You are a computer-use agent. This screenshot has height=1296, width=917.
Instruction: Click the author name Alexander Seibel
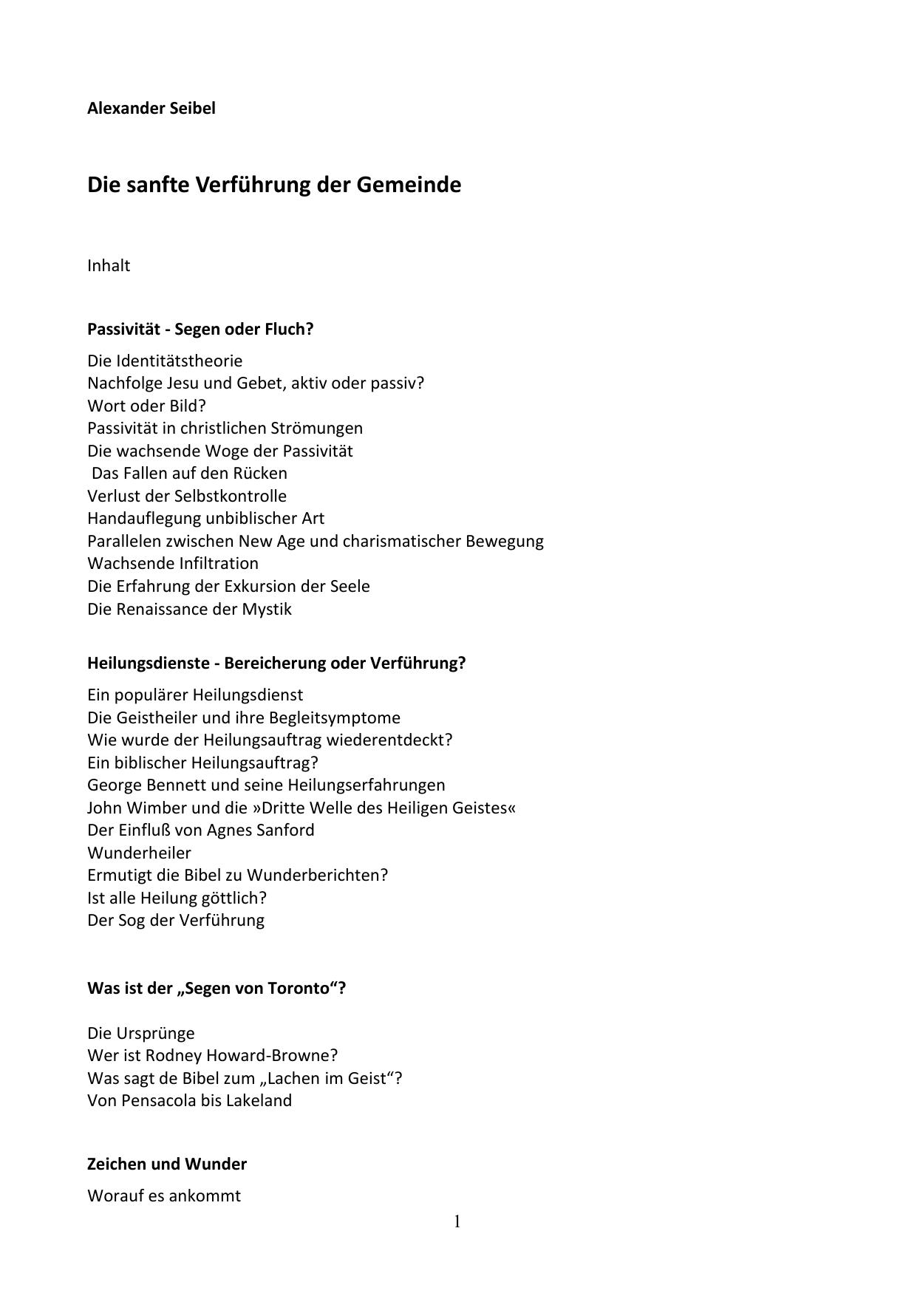tap(151, 108)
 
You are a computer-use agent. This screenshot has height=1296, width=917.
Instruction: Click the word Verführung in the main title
tap(253, 184)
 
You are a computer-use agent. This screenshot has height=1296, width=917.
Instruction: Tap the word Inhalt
tap(109, 265)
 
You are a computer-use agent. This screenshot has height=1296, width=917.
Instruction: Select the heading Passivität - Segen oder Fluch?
tap(200, 329)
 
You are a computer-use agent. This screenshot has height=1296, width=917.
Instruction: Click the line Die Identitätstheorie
tap(165, 361)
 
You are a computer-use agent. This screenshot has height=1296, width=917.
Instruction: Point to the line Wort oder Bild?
tap(146, 406)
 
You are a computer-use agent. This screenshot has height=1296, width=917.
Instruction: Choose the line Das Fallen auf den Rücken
tap(189, 473)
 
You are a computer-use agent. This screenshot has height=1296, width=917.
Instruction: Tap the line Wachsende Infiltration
tap(173, 563)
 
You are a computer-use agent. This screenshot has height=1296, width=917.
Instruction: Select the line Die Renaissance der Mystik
tap(189, 609)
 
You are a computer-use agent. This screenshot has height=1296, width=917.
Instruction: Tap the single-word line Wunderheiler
tap(139, 853)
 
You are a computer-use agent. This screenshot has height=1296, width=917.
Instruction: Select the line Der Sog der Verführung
tap(176, 920)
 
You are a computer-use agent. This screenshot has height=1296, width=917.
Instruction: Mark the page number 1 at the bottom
tap(457, 1221)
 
